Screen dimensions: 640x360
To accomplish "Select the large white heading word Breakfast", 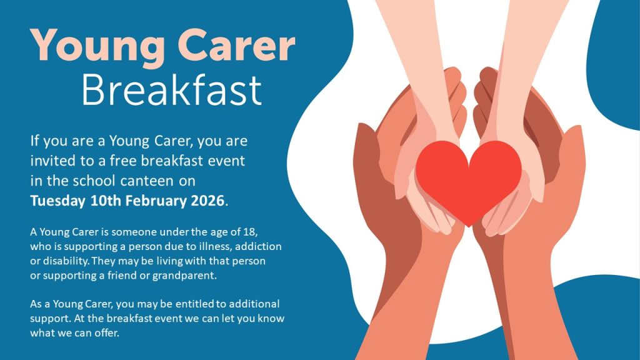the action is click(x=171, y=90).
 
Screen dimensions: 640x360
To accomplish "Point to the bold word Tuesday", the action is click(x=57, y=201).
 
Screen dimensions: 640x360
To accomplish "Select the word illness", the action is click(x=216, y=247).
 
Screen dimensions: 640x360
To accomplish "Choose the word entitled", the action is click(x=195, y=304).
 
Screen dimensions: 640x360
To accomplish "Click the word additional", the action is click(x=254, y=304).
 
